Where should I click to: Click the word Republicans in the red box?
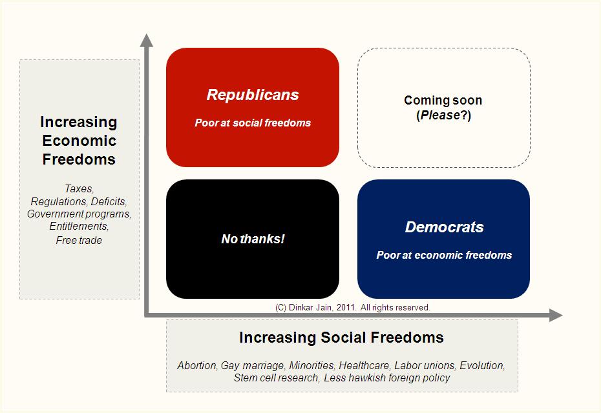253,95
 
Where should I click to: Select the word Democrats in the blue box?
444,227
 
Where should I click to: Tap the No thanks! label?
253,239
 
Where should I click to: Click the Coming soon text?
443,100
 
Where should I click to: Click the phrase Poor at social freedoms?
253,123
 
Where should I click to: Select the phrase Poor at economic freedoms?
444,255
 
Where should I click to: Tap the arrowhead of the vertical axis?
147,41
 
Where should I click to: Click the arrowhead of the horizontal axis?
556,315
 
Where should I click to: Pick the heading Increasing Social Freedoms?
341,337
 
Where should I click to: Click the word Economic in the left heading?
79,141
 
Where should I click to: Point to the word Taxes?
79,188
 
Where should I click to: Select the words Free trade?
79,240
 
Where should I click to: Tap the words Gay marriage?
253,366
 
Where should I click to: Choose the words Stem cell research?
277,378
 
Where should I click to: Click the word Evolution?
482,365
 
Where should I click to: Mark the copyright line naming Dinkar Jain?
353,307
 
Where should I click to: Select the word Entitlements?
79,227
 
